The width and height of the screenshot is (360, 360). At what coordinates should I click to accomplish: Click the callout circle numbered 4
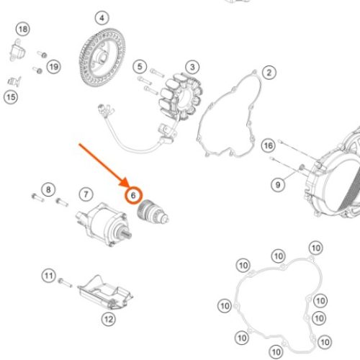coord(102,18)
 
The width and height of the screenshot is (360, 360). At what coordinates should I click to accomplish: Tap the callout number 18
coord(23,30)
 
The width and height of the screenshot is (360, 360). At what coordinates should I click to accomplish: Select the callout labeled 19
coord(54,67)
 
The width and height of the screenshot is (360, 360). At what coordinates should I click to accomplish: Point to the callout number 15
coord(11,97)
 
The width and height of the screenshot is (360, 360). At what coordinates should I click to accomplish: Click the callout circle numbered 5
coord(140,66)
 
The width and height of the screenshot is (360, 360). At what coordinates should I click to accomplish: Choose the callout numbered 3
coord(192,67)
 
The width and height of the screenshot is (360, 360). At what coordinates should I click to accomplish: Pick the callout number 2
coord(269,73)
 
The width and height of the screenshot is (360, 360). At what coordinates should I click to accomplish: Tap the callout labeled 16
coord(268,145)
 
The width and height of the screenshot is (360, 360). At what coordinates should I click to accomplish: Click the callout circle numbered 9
coord(278,185)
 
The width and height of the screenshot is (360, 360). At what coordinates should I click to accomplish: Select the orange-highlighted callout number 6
coord(133,196)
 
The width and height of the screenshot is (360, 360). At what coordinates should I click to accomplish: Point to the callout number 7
coord(86,194)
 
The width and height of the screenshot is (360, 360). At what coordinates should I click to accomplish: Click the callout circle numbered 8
coord(48,189)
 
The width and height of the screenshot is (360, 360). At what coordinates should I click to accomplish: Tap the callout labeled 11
coord(49,276)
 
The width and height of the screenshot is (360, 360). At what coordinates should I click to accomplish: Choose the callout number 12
coord(109,319)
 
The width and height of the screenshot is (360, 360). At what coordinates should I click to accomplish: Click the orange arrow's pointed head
coord(126,184)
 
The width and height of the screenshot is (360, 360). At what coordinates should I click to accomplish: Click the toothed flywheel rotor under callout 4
coord(102,57)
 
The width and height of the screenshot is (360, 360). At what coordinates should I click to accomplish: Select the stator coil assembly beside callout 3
coord(181,96)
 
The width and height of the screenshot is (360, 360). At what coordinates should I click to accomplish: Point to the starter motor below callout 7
coord(104,225)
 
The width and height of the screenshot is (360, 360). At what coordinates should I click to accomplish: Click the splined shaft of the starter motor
coord(126,234)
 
